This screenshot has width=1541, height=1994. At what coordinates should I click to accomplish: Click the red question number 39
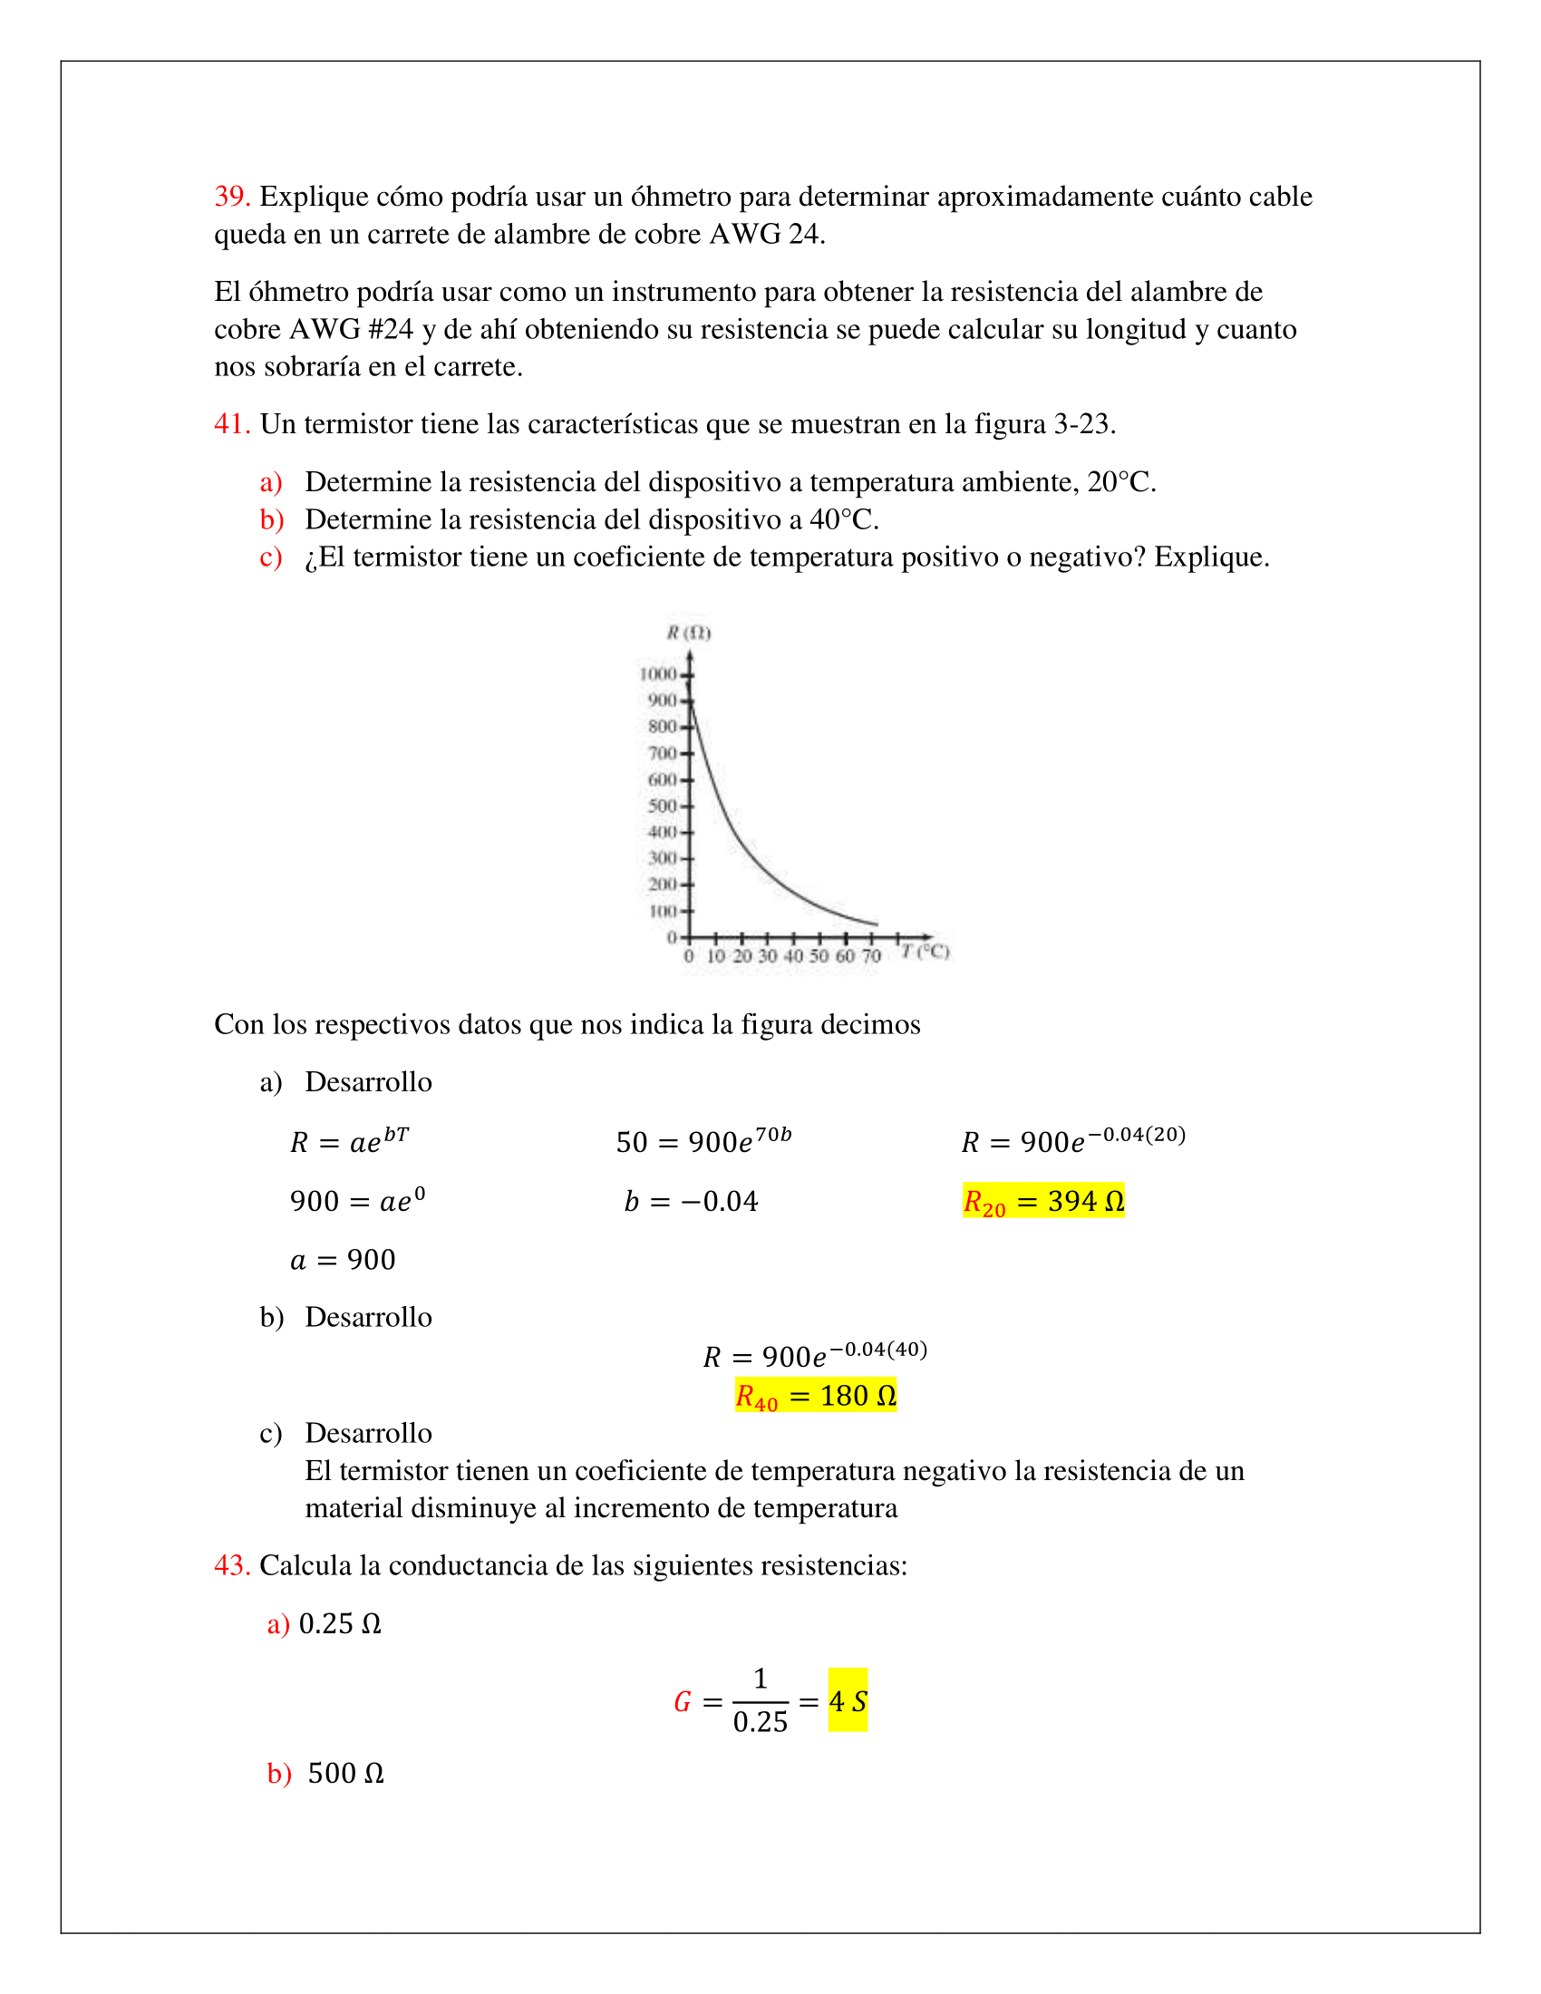click(x=231, y=197)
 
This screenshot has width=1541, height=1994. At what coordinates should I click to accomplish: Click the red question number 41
click(x=231, y=423)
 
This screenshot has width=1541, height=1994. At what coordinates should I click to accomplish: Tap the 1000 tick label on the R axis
click(x=657, y=673)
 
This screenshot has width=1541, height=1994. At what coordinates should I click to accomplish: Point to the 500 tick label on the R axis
click(x=662, y=805)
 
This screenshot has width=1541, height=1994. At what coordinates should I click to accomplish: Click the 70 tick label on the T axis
click(x=871, y=956)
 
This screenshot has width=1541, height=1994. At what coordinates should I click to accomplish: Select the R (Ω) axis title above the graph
click(x=688, y=632)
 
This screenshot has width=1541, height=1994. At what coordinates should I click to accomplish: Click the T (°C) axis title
click(x=925, y=952)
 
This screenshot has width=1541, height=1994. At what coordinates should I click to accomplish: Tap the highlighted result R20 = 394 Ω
click(x=1042, y=1202)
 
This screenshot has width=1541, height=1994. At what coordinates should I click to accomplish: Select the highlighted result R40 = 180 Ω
click(x=815, y=1396)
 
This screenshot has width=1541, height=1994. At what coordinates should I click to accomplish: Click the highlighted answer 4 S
click(x=848, y=1701)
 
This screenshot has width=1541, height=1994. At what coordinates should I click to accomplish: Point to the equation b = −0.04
click(x=691, y=1202)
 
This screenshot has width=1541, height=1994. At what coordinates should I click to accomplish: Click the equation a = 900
click(x=343, y=1260)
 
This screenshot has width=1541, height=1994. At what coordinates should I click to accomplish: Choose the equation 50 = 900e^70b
click(x=703, y=1141)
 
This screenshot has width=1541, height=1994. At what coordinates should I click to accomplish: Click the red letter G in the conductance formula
click(x=682, y=1702)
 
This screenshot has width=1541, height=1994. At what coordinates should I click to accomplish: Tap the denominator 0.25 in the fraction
click(x=760, y=1723)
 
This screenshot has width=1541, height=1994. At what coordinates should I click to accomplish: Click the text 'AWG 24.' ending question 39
click(x=767, y=235)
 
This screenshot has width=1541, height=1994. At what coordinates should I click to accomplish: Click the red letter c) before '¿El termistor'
click(x=270, y=557)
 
